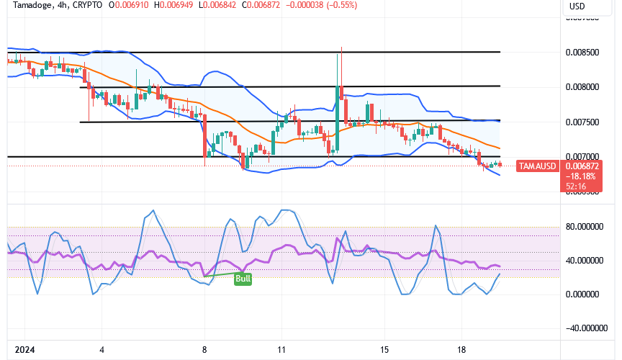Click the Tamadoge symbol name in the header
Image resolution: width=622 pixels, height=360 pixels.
pos(25,6)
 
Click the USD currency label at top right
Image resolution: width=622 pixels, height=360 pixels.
pos(577,6)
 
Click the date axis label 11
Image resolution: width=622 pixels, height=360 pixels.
pos(281,349)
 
